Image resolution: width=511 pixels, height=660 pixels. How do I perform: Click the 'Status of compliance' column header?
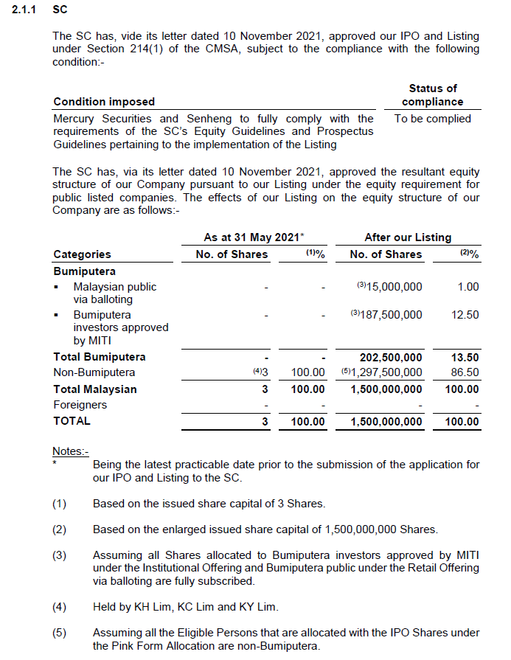click(x=433, y=95)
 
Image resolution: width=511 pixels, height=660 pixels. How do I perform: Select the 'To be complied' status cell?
click(x=433, y=118)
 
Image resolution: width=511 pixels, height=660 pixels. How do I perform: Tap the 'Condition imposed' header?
click(x=104, y=102)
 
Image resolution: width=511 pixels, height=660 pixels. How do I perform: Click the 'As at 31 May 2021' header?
click(x=254, y=237)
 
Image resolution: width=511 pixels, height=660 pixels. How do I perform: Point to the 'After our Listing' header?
click(x=408, y=237)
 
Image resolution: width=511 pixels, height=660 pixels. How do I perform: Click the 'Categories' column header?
click(x=82, y=254)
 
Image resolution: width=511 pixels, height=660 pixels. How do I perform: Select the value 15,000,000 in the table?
click(x=389, y=287)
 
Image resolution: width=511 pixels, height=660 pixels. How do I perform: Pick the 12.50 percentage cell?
click(x=465, y=315)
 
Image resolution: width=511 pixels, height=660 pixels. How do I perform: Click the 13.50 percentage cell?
click(x=465, y=357)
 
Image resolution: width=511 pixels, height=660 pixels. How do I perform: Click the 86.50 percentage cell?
click(x=465, y=373)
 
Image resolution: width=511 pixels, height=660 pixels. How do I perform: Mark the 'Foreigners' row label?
click(x=80, y=405)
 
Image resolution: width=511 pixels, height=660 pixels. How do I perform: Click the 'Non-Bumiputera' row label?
click(x=94, y=373)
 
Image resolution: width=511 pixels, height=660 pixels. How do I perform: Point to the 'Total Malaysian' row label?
click(x=95, y=389)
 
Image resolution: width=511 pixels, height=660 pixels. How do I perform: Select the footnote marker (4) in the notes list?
click(x=59, y=607)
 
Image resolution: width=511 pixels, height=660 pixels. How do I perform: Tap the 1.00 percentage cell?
click(x=467, y=287)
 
